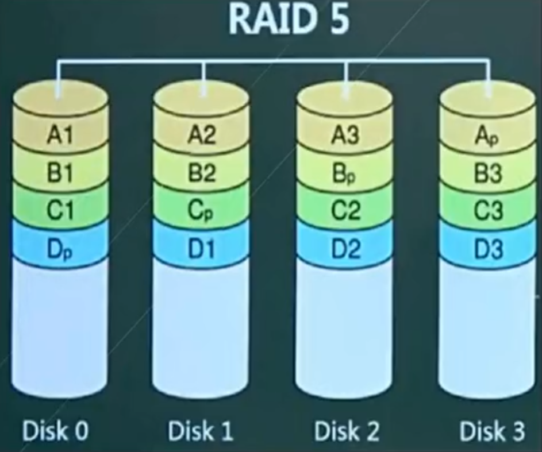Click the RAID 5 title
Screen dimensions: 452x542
[289, 21]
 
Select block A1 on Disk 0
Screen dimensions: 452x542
[60, 137]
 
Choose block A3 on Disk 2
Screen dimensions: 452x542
[345, 137]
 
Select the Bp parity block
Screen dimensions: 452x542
[345, 174]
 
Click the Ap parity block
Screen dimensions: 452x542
[488, 137]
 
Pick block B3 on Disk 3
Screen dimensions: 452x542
[488, 174]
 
